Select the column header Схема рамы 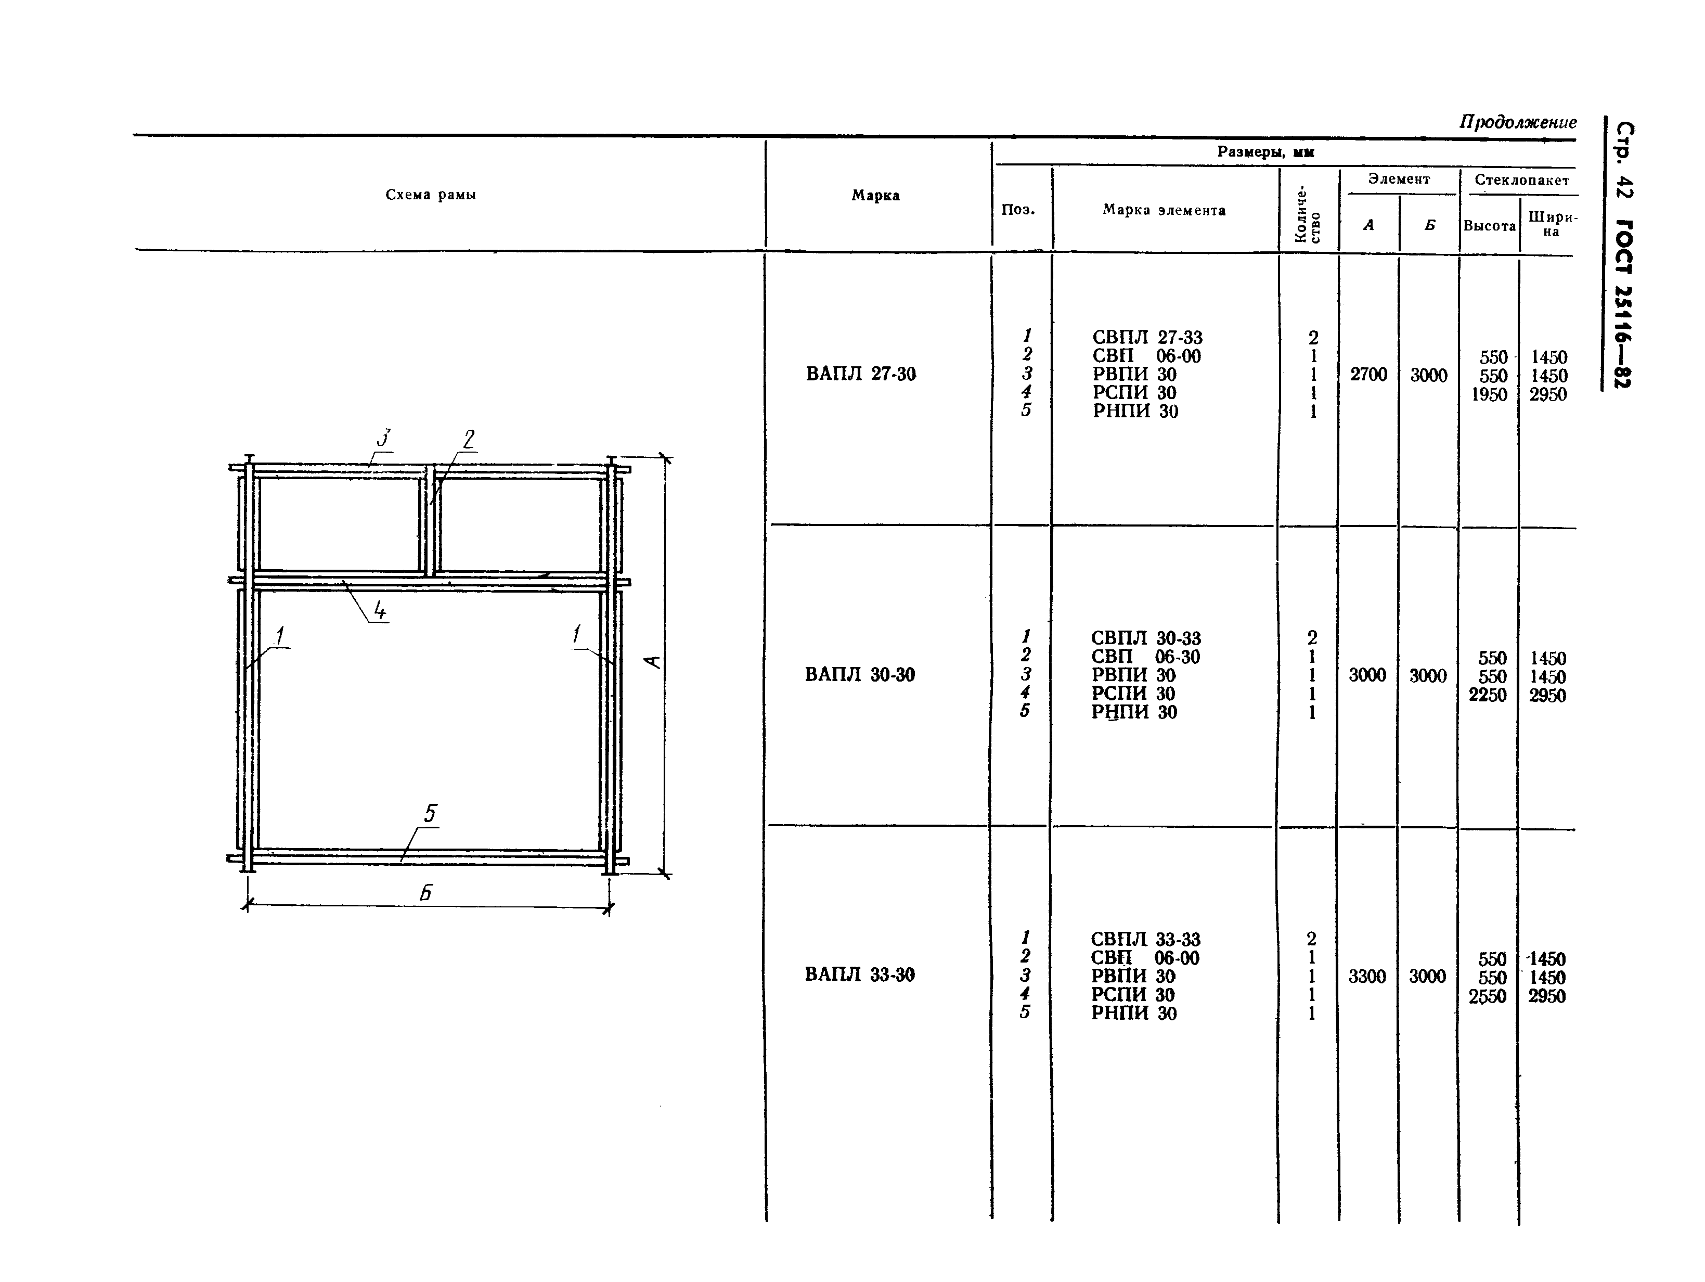[x=431, y=195]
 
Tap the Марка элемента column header [x=1164, y=210]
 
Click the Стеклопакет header [x=1521, y=181]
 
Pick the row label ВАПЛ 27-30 [x=861, y=374]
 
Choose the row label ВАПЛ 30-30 [x=859, y=674]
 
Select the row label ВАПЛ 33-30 [x=859, y=975]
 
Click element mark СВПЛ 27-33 [x=1147, y=338]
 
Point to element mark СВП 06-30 [x=1145, y=657]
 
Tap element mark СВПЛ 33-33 [x=1145, y=939]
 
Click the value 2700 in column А [x=1368, y=375]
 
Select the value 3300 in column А [x=1366, y=976]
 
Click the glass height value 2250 [x=1487, y=695]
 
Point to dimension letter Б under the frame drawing [x=425, y=893]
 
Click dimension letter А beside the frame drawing [x=653, y=661]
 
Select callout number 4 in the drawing [x=379, y=610]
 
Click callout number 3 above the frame [x=384, y=438]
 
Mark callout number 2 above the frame [x=469, y=440]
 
